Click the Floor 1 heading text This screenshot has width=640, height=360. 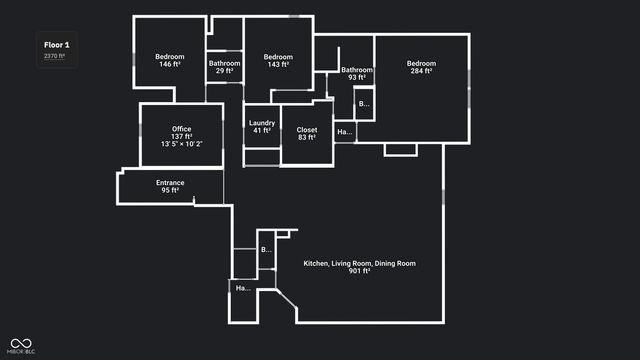click(56, 45)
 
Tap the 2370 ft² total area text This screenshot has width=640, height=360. click(54, 56)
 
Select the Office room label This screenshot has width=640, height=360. click(181, 129)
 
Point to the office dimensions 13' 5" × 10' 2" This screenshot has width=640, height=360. click(181, 144)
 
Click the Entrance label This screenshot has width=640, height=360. click(170, 182)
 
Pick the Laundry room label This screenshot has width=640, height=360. click(262, 123)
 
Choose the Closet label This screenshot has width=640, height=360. click(306, 129)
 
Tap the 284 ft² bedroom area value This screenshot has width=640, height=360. click(421, 71)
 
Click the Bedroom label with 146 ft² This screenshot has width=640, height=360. click(170, 57)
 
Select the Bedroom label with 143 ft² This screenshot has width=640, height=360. click(278, 57)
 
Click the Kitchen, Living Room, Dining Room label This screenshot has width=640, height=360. click(359, 263)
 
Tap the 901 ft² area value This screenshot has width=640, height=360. click(359, 271)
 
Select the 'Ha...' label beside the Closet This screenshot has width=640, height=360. click(344, 132)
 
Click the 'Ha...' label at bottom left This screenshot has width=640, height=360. click(242, 288)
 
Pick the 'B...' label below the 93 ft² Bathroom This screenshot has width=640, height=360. click(364, 103)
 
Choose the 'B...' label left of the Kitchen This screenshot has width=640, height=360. click(266, 249)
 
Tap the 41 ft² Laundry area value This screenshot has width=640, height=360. click(262, 131)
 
